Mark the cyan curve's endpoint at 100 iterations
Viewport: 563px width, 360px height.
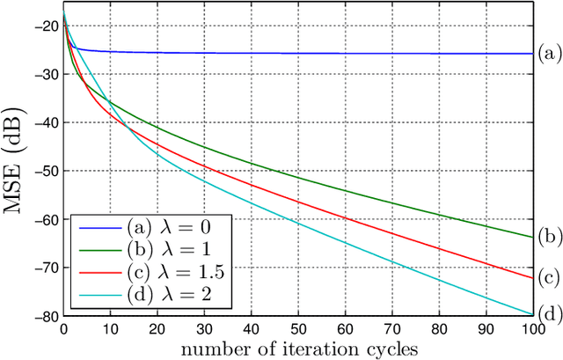tap(531, 313)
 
